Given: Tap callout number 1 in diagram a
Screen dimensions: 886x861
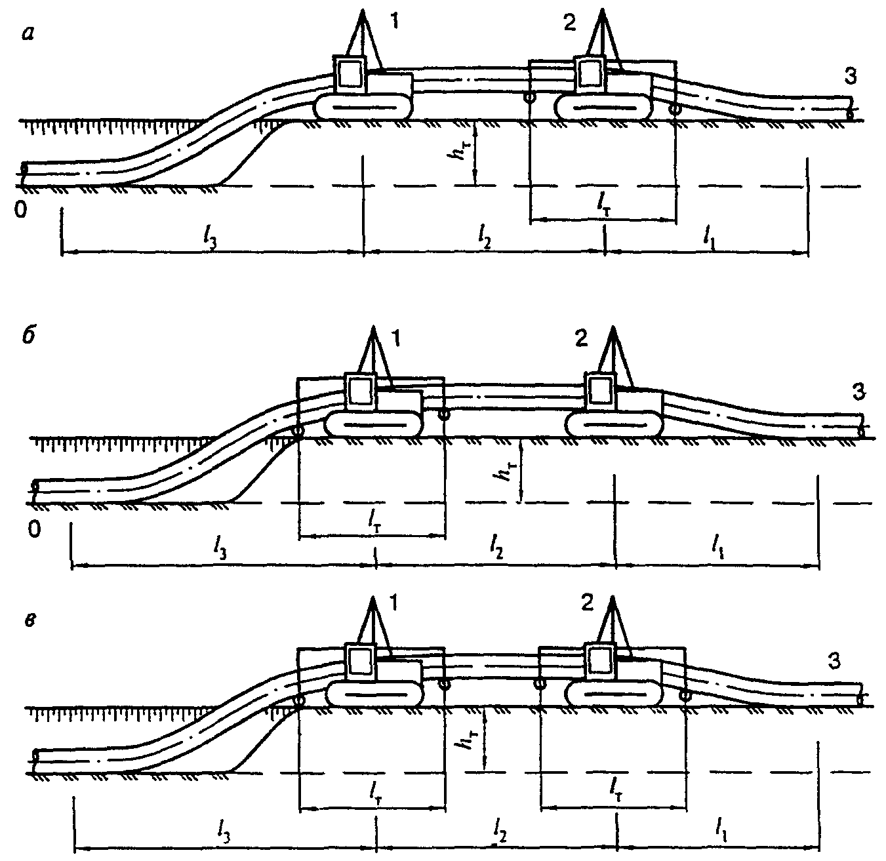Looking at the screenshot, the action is point(395,20).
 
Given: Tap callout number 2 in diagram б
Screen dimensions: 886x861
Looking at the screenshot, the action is point(582,338).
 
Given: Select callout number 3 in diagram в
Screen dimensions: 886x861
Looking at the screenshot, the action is point(834,661).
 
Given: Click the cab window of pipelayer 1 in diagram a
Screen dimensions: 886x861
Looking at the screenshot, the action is point(350,73).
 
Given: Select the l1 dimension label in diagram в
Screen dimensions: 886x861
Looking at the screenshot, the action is point(720,824).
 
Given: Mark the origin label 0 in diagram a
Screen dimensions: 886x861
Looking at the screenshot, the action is point(21,210).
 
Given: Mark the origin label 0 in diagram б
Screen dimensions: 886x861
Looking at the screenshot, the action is point(35,529).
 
